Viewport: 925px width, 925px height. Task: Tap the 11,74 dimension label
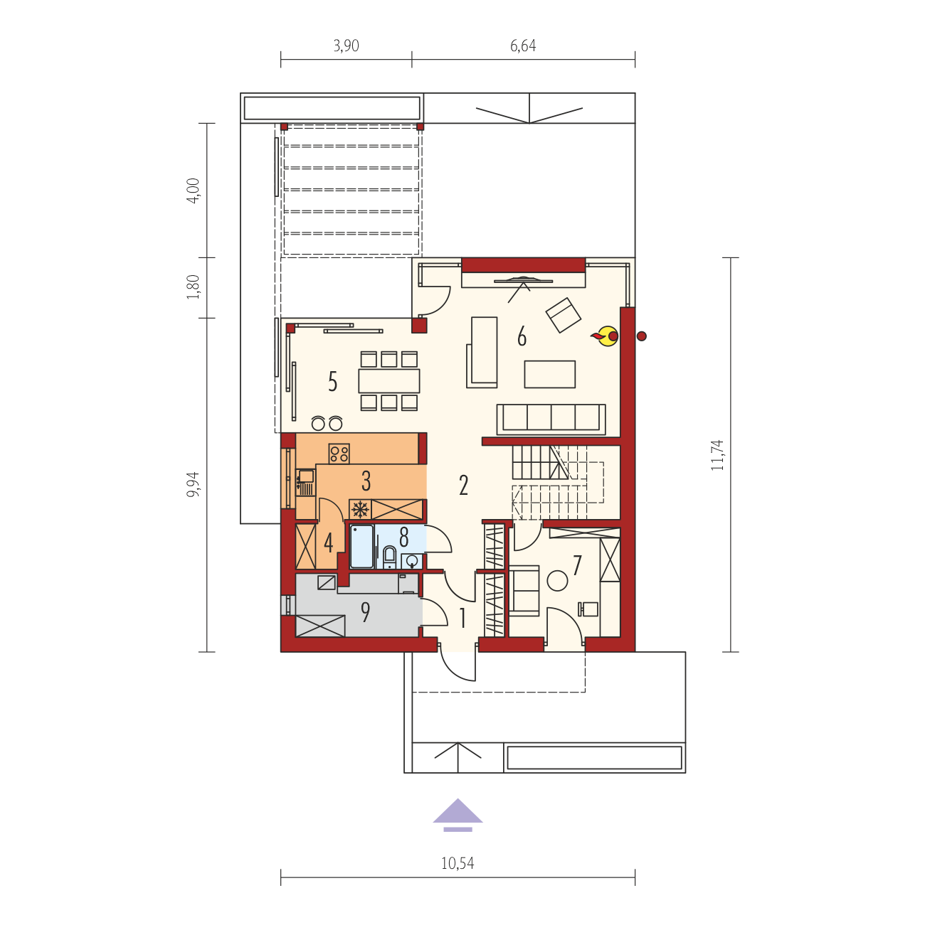(x=717, y=454)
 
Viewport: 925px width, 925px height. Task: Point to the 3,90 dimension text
(x=346, y=46)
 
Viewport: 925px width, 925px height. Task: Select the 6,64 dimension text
(x=523, y=46)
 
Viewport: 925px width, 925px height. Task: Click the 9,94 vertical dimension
(x=193, y=485)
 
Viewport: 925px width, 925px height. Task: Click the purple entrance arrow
(x=458, y=816)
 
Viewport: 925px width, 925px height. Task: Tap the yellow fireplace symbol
(x=606, y=336)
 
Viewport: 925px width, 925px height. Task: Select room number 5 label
(x=332, y=382)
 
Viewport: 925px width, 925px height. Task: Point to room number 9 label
(x=366, y=612)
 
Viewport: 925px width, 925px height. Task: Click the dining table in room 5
(x=388, y=380)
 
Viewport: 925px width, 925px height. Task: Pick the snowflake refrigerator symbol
(x=360, y=509)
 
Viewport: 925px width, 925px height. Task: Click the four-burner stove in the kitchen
(x=339, y=454)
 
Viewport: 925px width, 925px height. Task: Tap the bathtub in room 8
(x=362, y=546)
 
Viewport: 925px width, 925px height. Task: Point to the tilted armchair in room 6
(x=563, y=315)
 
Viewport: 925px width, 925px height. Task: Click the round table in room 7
(x=558, y=580)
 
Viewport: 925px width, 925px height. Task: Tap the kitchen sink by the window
(x=305, y=481)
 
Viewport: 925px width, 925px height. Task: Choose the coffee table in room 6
(x=550, y=375)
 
